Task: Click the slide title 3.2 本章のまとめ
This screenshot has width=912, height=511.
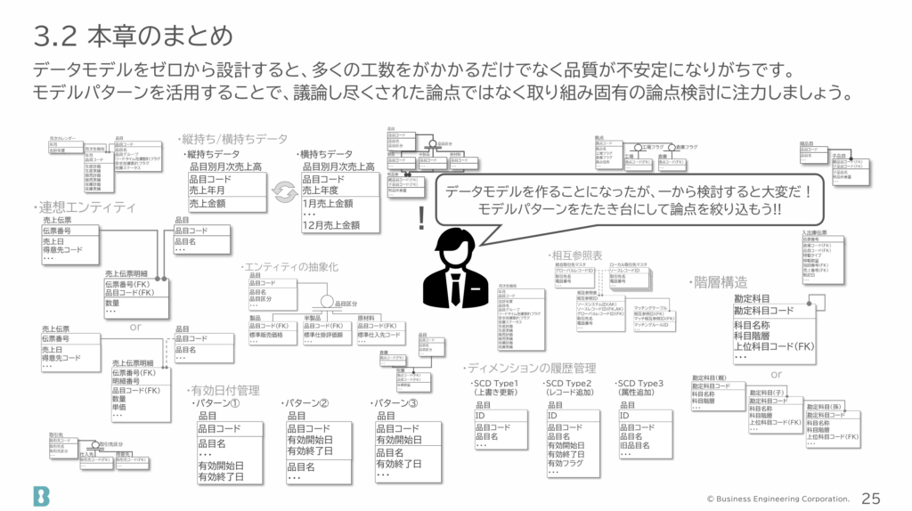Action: tap(133, 36)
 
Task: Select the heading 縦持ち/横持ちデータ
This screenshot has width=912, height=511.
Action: tap(234, 139)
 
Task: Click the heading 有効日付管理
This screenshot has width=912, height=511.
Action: tap(224, 390)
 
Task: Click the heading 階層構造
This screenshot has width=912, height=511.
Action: tap(720, 282)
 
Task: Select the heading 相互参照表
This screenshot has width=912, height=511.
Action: tap(576, 255)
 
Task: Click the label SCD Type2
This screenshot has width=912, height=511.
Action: tap(574, 383)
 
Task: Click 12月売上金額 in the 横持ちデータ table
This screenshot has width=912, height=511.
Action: tap(330, 225)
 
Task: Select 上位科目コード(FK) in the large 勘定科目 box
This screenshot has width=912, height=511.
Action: tap(774, 346)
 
